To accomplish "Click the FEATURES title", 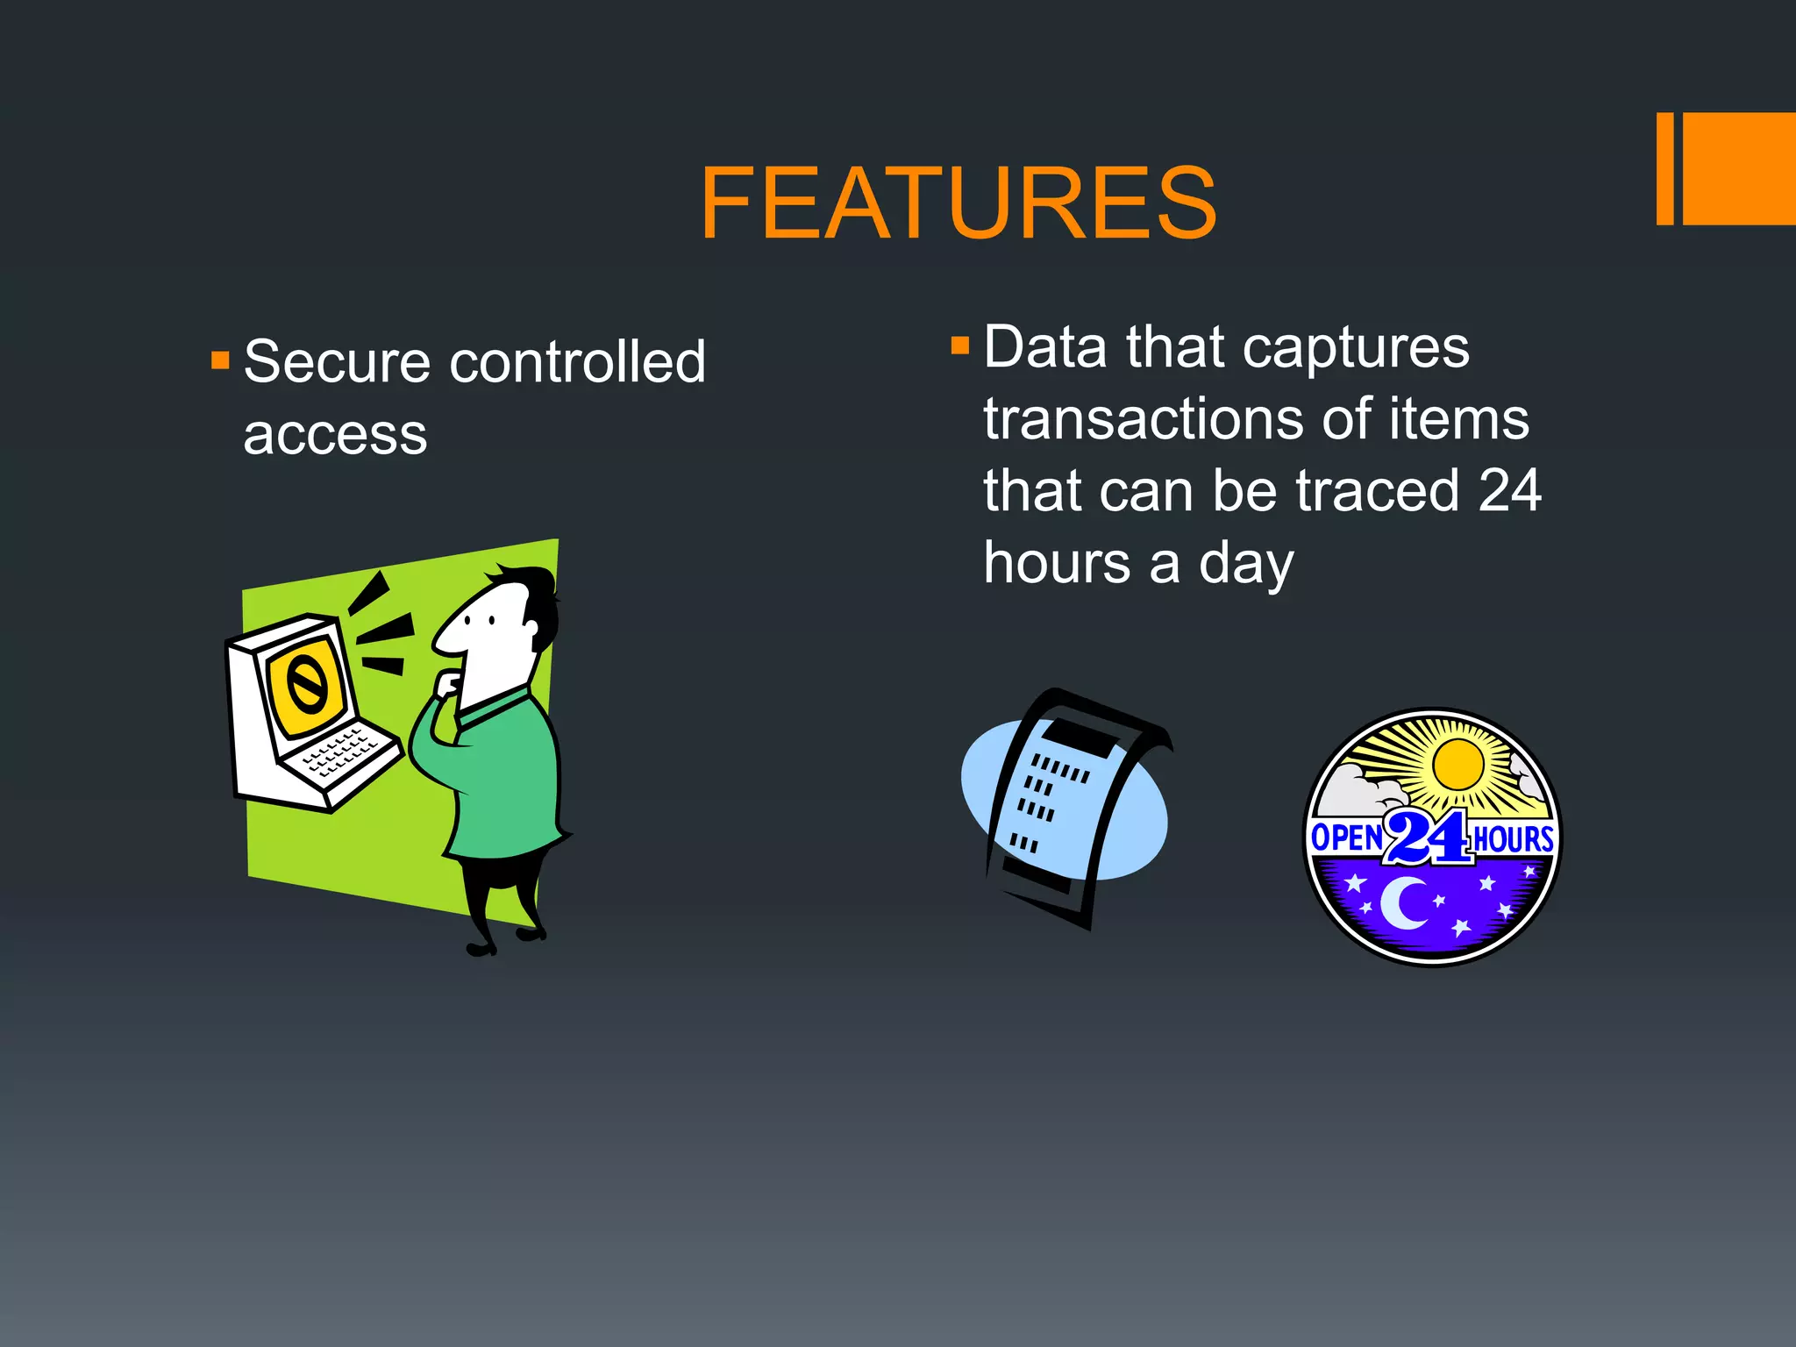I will click(958, 203).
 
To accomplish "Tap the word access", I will click(335, 435).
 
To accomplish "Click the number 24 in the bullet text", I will click(1509, 491).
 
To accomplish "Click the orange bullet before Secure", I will click(220, 360).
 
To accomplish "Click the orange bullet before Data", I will click(960, 345).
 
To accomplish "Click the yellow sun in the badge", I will click(1457, 765).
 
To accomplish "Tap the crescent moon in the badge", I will click(1403, 903).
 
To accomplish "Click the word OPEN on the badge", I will click(1346, 837).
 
